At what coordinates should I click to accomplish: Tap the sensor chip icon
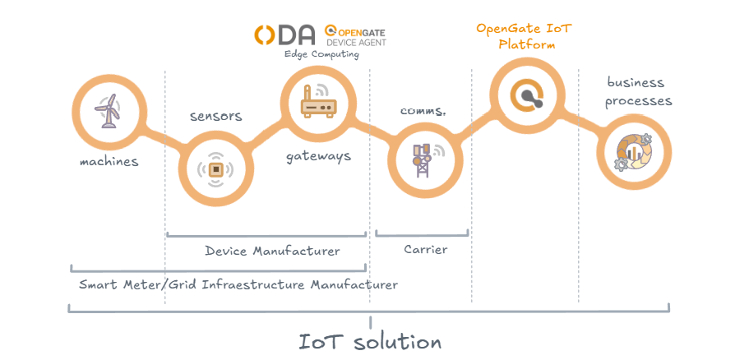click(215, 169)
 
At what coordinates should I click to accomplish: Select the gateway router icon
click(316, 103)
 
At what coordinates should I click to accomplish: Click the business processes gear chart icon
click(634, 151)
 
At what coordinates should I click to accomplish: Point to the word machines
click(109, 161)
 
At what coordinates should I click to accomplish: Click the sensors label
click(215, 116)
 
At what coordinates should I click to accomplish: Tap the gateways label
click(318, 155)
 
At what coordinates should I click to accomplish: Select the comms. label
click(423, 110)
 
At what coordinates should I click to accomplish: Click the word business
click(636, 82)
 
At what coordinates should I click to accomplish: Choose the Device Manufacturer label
click(272, 251)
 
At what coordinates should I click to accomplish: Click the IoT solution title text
click(370, 340)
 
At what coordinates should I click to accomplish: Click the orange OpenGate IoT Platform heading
click(524, 36)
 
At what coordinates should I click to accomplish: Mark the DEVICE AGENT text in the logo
click(356, 41)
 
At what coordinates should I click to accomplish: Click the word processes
click(639, 101)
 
